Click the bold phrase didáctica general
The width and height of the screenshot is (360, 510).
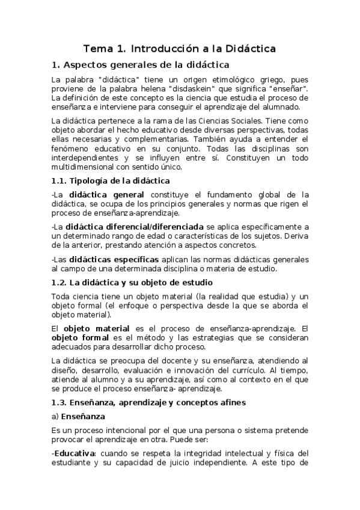(x=106, y=194)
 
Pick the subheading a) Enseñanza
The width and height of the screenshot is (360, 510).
(x=78, y=416)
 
